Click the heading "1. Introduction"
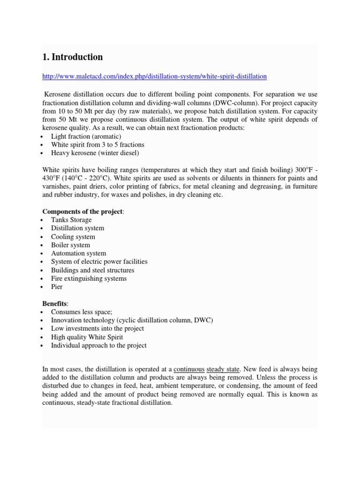72,57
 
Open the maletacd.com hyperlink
154,76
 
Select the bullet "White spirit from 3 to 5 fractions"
97,144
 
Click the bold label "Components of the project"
82,211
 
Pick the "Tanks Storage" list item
71,220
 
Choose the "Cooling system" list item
73,237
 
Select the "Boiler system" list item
70,245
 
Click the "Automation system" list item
78,254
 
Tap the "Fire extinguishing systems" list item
89,278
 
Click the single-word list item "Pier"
57,287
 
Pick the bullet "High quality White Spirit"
87,337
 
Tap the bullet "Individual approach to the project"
98,345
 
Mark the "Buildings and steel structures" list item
92,270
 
